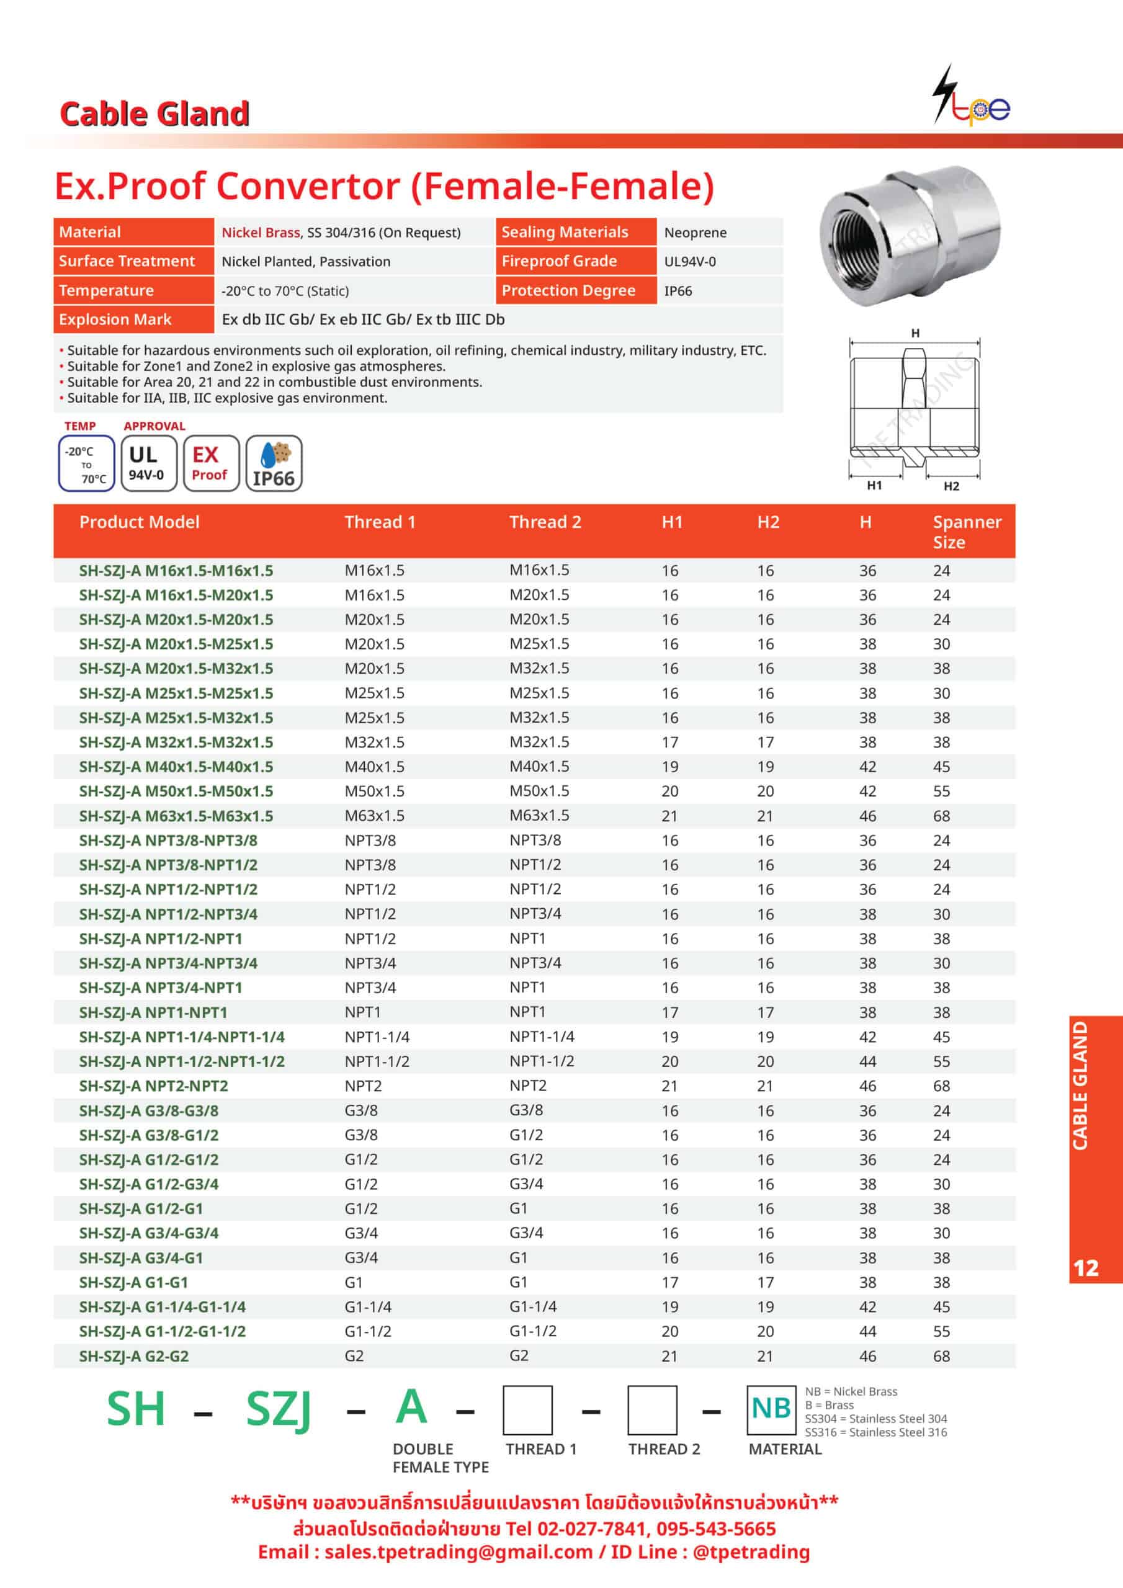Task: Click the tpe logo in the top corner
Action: pos(972,97)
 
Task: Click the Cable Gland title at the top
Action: pos(154,114)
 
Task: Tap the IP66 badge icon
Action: pos(274,463)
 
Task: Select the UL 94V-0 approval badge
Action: pos(148,463)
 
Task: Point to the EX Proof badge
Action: pos(210,463)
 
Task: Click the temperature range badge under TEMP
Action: pos(86,463)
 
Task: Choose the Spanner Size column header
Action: pos(966,531)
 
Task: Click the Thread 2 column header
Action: pos(545,522)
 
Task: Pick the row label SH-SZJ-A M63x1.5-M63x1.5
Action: pos(176,816)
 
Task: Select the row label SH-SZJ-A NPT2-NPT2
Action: pos(153,1086)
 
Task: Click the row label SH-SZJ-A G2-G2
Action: pos(133,1356)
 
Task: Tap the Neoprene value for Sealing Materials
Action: pos(695,233)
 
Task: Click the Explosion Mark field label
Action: pos(115,319)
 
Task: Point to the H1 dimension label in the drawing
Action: pos(875,486)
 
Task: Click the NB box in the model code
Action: pos(771,1409)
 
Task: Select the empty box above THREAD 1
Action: pos(527,1410)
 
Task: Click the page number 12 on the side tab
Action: pos(1086,1268)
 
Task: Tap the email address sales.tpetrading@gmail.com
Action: pos(458,1552)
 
